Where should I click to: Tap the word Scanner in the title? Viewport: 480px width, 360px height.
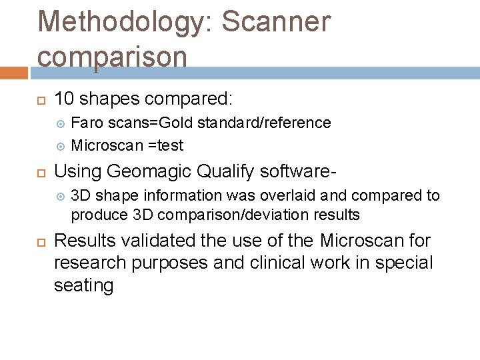pyautogui.click(x=276, y=22)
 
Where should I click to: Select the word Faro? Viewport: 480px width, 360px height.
pyautogui.click(x=85, y=123)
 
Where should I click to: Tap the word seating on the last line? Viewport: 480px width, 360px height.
pyautogui.click(x=84, y=285)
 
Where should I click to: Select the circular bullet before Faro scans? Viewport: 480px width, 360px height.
pyautogui.click(x=61, y=123)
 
